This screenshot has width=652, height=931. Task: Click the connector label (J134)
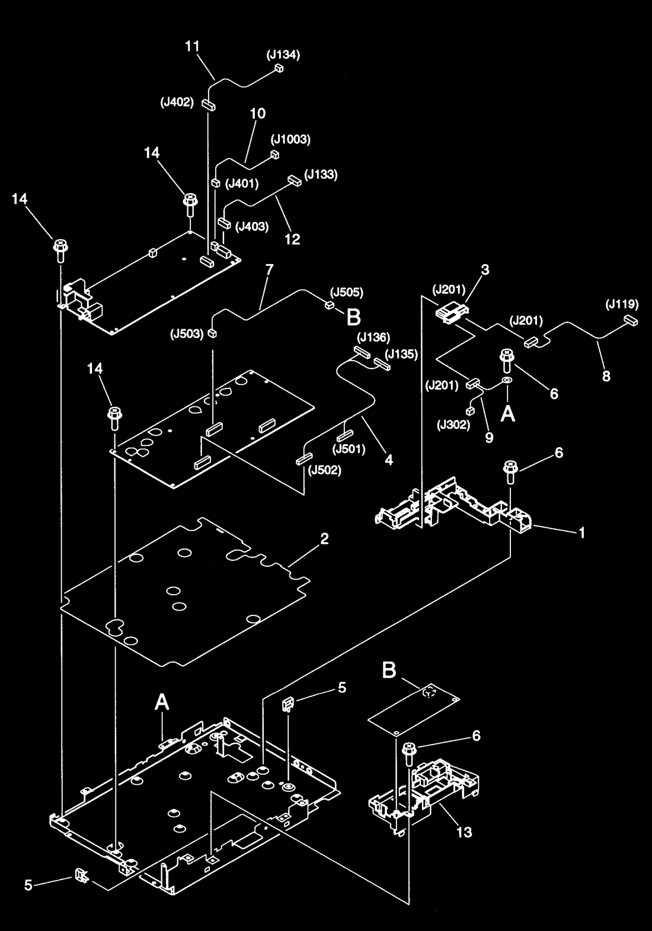click(x=283, y=54)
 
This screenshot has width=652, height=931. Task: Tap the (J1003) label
click(x=291, y=139)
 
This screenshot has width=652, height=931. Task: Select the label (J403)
click(x=252, y=226)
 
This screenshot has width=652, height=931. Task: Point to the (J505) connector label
click(x=347, y=293)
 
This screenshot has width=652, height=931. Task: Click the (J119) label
click(x=622, y=304)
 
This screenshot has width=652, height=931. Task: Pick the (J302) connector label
click(x=453, y=425)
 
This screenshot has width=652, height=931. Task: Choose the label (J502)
click(x=325, y=470)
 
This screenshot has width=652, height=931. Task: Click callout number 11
click(x=192, y=46)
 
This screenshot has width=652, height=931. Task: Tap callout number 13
click(x=464, y=832)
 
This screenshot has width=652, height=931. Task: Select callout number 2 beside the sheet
click(x=325, y=539)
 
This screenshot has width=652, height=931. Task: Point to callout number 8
click(x=606, y=376)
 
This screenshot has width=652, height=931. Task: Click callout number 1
click(x=582, y=532)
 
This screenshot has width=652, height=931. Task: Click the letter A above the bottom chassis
click(x=162, y=702)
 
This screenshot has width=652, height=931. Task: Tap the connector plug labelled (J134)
click(x=279, y=68)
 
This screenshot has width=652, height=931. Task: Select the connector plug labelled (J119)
click(x=631, y=320)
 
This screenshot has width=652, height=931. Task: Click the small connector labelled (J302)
click(x=470, y=412)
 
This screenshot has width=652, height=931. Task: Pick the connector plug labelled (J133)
click(x=294, y=181)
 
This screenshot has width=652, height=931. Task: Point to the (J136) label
click(x=373, y=337)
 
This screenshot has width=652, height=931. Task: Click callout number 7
click(x=270, y=269)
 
